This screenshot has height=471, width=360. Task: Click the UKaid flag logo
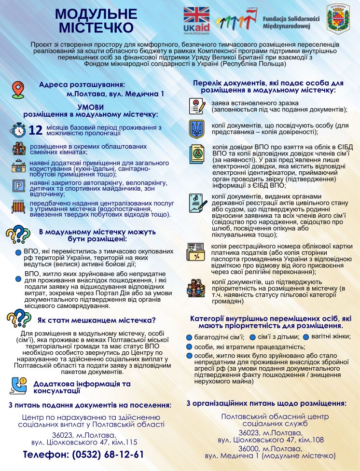[x=196, y=20]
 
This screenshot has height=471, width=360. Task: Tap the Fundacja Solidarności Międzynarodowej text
[x=291, y=21]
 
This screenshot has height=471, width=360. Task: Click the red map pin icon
[x=17, y=90]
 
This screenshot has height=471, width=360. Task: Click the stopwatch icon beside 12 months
[x=18, y=130]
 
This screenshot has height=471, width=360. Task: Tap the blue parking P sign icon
[x=19, y=185]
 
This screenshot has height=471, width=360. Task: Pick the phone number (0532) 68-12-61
[x=84, y=454]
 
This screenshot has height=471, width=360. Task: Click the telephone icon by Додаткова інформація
[x=19, y=385]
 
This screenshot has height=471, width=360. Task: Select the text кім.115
[x=125, y=441]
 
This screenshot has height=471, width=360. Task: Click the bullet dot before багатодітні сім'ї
[x=190, y=337]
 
